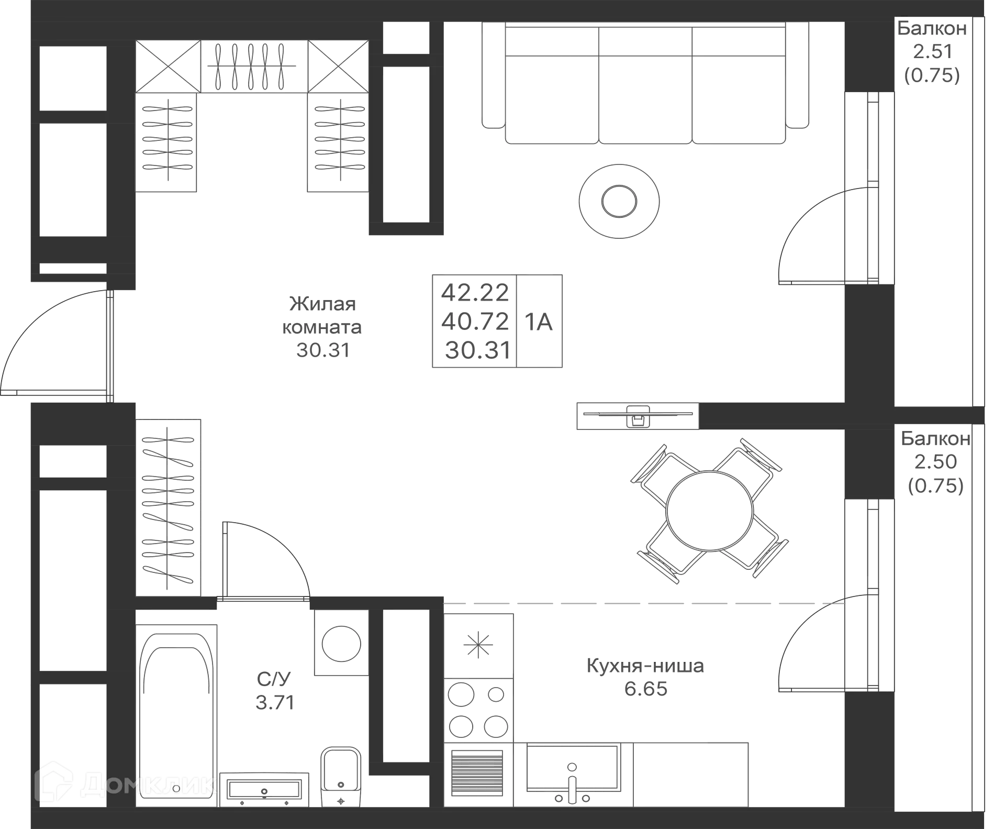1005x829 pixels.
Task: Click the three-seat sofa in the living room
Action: (x=645, y=84)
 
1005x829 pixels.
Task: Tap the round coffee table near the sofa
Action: (x=619, y=201)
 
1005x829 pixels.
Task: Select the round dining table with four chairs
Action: (x=709, y=511)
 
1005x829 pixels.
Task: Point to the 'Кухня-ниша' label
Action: (x=646, y=666)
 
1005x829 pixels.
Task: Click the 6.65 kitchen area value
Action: (x=646, y=689)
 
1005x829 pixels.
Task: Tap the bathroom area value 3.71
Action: (x=275, y=702)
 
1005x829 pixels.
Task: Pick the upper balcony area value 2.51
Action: (x=934, y=51)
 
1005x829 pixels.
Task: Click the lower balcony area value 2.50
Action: (x=935, y=461)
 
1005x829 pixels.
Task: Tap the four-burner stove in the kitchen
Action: (x=478, y=711)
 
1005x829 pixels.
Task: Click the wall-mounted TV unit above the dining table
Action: (x=636, y=416)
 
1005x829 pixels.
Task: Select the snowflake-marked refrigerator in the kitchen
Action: (x=478, y=644)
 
